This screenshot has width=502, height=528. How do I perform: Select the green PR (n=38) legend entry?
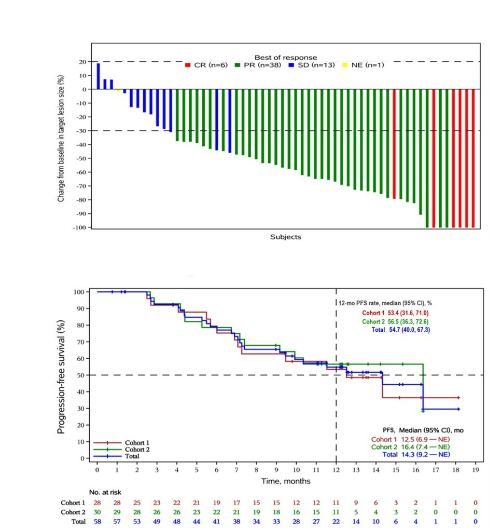(x=257, y=65)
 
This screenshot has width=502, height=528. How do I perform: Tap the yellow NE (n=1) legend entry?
(x=362, y=65)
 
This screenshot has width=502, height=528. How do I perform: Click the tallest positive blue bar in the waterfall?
(x=98, y=76)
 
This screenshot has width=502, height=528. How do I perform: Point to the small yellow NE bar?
(x=118, y=90)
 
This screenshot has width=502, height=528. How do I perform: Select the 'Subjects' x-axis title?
(x=285, y=237)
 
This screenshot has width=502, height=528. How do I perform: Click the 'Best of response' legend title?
(x=285, y=57)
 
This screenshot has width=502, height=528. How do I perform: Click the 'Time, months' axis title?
(x=286, y=481)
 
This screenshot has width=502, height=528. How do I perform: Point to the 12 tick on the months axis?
(x=336, y=469)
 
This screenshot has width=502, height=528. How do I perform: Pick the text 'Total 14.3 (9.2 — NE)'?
(x=415, y=454)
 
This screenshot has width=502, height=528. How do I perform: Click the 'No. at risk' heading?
(x=105, y=492)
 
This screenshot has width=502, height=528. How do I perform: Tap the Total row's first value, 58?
(x=97, y=521)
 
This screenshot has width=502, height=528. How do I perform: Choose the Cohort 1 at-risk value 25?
(x=137, y=503)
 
